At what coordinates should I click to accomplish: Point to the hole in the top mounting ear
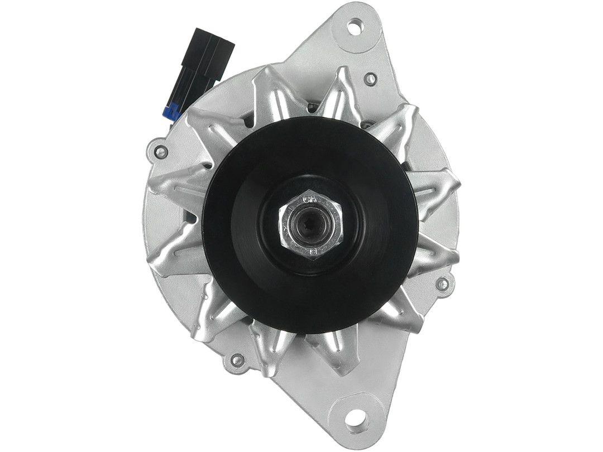click(355, 25)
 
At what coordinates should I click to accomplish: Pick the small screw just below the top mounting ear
click(369, 79)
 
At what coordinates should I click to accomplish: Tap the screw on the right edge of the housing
click(442, 283)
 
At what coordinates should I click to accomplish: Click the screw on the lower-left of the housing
click(237, 360)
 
